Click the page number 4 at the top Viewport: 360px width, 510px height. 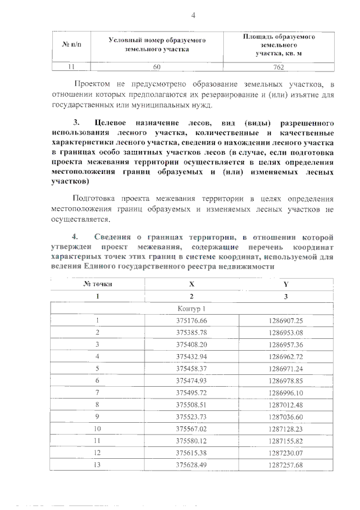tap(193, 15)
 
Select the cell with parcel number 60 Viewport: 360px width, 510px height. tap(157, 67)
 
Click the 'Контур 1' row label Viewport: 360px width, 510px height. tap(191, 308)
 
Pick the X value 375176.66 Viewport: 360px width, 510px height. tap(191, 320)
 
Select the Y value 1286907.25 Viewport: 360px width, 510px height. tap(286, 320)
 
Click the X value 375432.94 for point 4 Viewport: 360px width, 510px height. tap(191, 356)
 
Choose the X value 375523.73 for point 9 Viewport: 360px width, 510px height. tap(191, 417)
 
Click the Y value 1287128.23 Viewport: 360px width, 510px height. tap(286, 428)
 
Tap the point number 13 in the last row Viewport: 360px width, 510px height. tap(97, 465)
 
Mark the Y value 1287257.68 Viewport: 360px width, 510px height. tap(286, 465)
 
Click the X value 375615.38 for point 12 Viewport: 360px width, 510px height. tap(191, 453)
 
